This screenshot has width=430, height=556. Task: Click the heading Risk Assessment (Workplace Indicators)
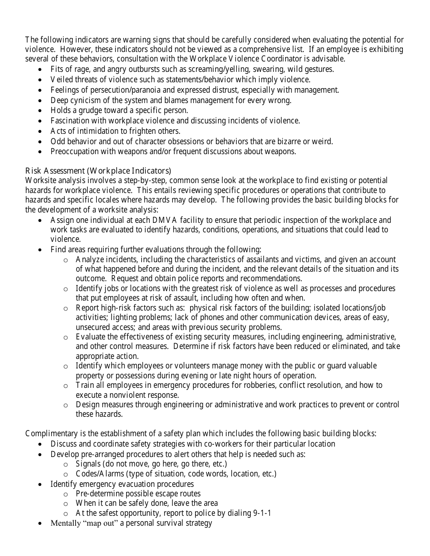tap(98, 170)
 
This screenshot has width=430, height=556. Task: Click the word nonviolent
tap(123, 395)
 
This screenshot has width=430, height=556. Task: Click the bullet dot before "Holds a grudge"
tap(41, 110)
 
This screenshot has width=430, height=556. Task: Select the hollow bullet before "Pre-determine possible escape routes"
tap(66, 494)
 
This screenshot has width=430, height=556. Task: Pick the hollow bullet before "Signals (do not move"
tap(66, 464)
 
